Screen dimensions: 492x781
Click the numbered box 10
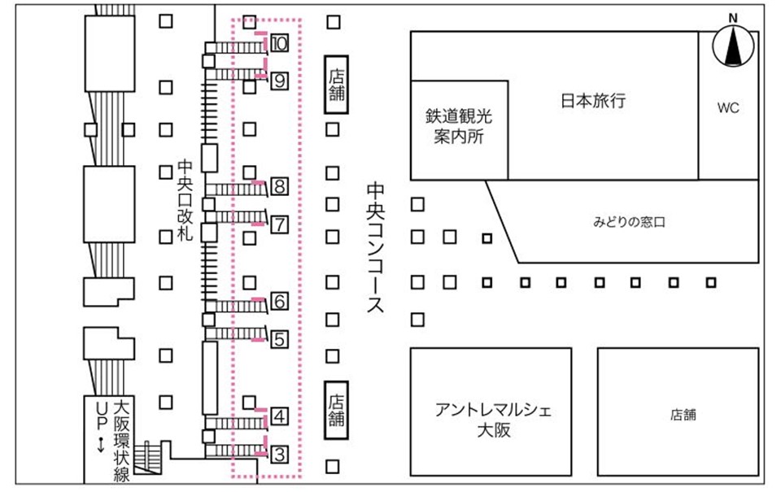point(279,44)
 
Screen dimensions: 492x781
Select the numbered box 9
point(279,80)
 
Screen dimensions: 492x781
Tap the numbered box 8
point(279,187)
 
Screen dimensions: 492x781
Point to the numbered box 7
point(279,223)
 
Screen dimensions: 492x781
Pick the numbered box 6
point(279,302)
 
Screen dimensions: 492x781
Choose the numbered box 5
point(279,338)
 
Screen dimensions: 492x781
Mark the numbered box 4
point(279,417)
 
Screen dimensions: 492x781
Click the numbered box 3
point(279,453)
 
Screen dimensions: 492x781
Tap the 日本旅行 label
point(593,101)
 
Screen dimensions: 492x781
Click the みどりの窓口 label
point(628,221)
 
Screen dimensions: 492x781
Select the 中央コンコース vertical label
point(375,248)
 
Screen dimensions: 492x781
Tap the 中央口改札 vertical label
point(185,200)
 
